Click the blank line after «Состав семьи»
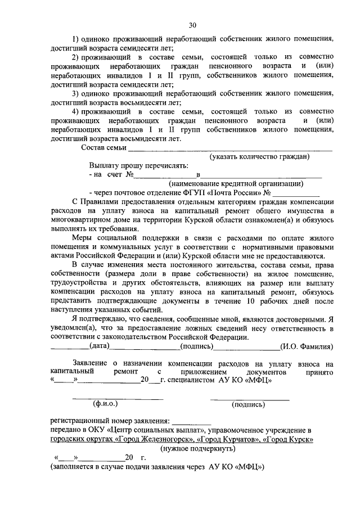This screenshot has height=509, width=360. [230, 150]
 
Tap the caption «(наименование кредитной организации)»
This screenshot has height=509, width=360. [236, 183]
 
